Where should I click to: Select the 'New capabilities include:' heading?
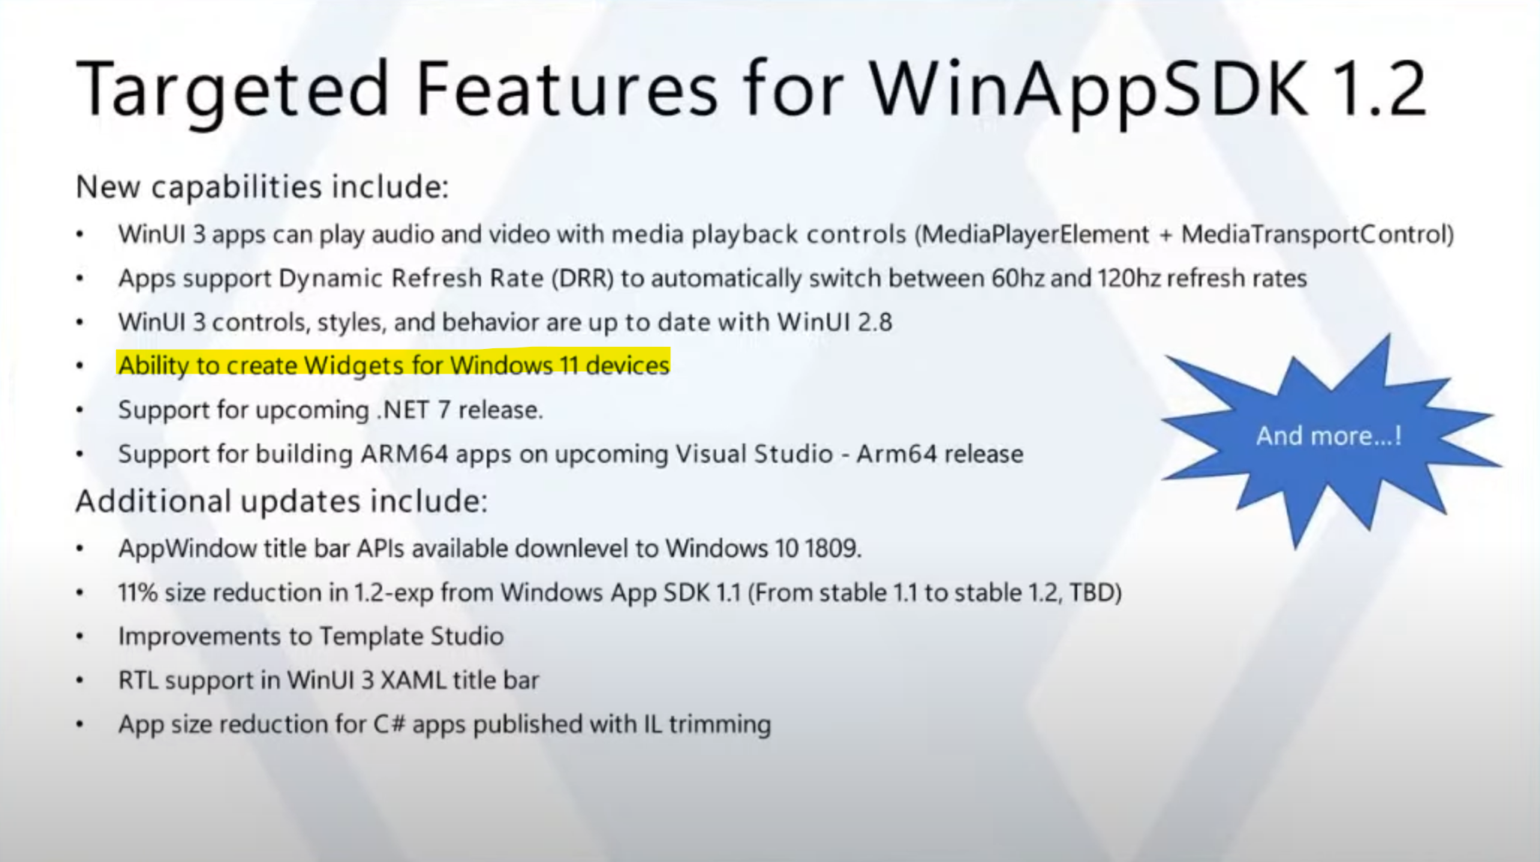(x=262, y=187)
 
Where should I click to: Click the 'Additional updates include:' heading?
(x=282, y=501)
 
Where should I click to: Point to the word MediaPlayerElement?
(x=1035, y=234)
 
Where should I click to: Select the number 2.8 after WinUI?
(x=875, y=323)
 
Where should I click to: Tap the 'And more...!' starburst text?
(x=1329, y=436)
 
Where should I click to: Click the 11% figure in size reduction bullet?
(x=138, y=593)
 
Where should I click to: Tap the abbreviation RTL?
(x=138, y=681)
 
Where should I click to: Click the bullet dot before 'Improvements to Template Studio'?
(x=79, y=637)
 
